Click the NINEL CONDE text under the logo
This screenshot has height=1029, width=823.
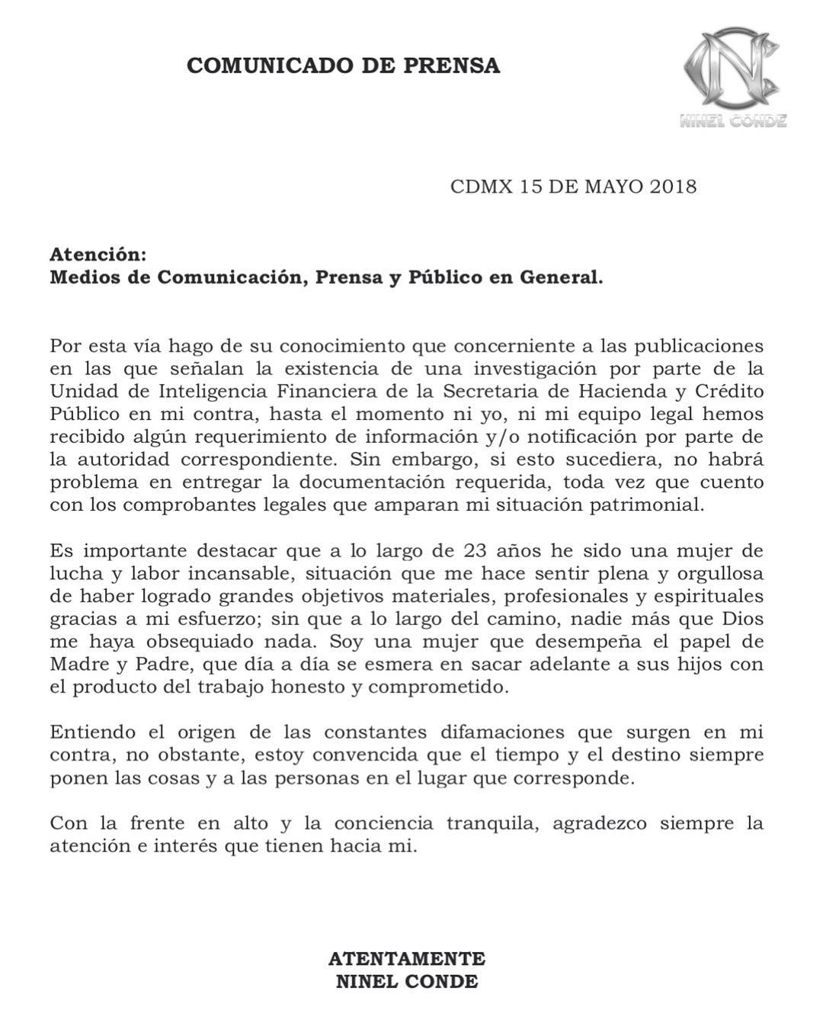pos(733,120)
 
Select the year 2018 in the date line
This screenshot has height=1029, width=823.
pos(673,187)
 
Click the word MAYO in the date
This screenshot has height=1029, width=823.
pos(613,187)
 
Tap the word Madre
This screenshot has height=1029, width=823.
pos(79,664)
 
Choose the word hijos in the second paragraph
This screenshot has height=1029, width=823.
pos(703,664)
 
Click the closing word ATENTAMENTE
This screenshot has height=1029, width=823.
pos(407,958)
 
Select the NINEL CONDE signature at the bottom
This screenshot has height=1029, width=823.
pos(407,982)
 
